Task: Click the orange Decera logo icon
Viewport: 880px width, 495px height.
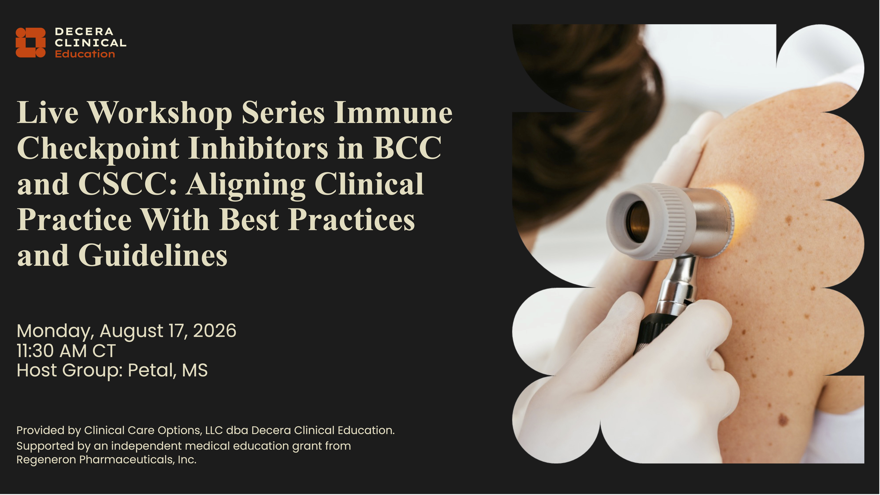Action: [x=30, y=42]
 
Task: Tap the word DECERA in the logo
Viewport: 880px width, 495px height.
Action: [x=84, y=32]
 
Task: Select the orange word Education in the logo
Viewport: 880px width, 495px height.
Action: [x=85, y=54]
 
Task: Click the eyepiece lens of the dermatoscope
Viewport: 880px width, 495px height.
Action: [x=637, y=221]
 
